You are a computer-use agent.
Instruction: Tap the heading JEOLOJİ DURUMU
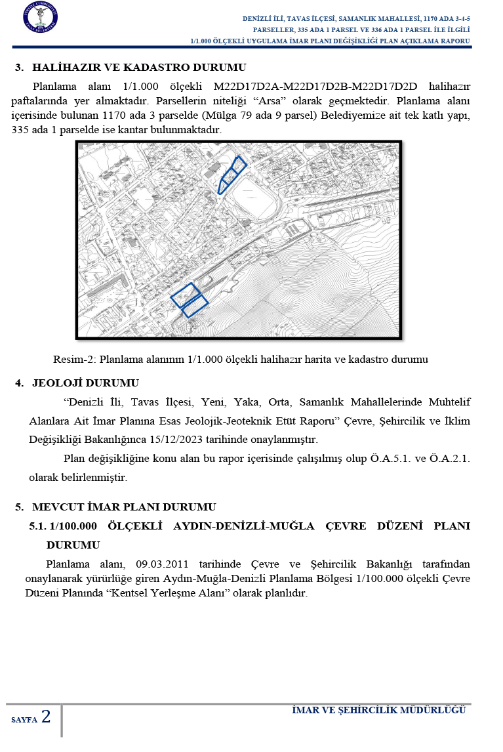tap(85, 383)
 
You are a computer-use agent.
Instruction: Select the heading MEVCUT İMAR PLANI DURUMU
tap(124, 507)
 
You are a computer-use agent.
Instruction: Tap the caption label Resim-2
tap(73, 360)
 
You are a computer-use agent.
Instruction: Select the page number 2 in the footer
tap(46, 717)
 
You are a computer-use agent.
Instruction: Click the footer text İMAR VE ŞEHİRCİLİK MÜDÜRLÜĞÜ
tap(378, 711)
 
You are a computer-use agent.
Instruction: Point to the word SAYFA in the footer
tap(24, 720)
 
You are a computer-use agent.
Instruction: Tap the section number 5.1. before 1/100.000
tap(38, 526)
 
